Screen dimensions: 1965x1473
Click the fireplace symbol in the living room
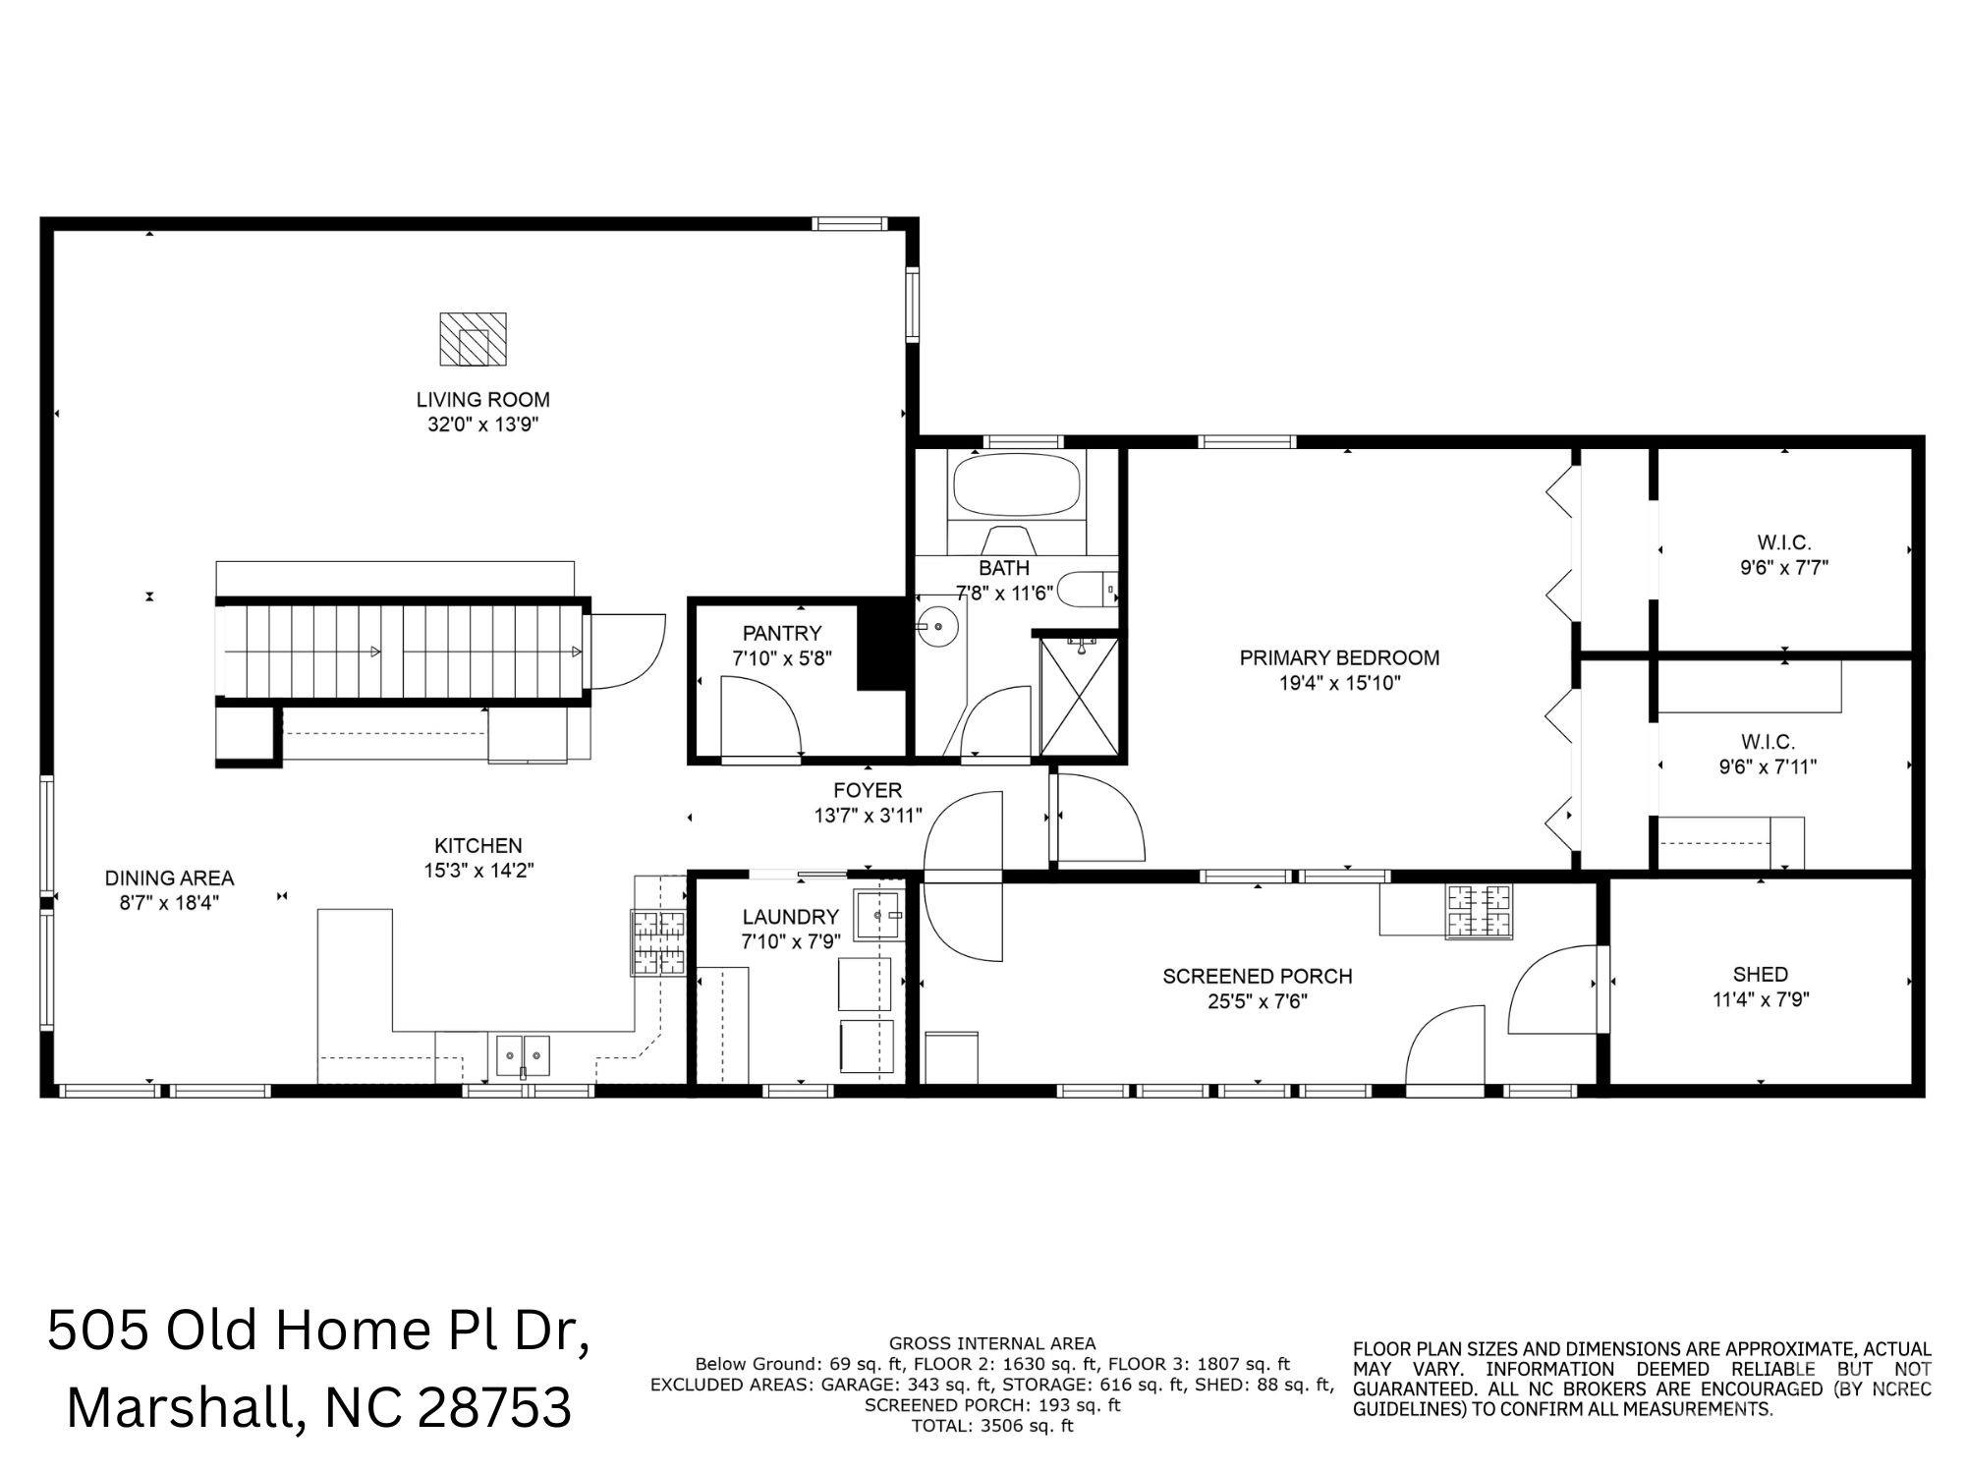[x=473, y=339]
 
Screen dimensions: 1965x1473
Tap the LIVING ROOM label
[x=482, y=400]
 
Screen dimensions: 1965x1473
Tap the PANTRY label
[x=782, y=634]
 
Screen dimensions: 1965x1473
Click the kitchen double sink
[x=523, y=1055]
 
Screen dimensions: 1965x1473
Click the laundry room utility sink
[x=877, y=915]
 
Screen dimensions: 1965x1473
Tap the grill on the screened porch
[x=1478, y=911]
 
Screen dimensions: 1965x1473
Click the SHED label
[x=1761, y=975]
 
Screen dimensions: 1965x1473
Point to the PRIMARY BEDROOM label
[x=1339, y=658]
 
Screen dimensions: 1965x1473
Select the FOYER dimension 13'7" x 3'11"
[x=868, y=815]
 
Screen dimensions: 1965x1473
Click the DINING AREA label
[x=169, y=878]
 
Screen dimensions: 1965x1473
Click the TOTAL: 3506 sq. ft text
[x=992, y=1426]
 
